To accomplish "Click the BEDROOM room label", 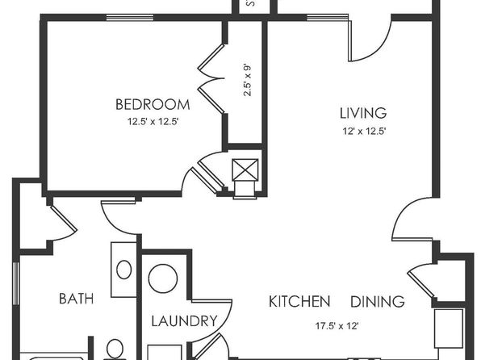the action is pyautogui.click(x=153, y=105).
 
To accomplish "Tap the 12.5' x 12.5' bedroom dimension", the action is pyautogui.click(x=153, y=122).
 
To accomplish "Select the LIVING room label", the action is pyautogui.click(x=363, y=113).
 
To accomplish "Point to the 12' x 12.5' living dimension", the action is pyautogui.click(x=364, y=132).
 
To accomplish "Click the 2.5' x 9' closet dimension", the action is pyautogui.click(x=247, y=80).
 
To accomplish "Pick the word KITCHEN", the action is pyautogui.click(x=299, y=302).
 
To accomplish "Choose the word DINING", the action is pyautogui.click(x=378, y=302).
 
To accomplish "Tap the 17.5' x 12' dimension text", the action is pyautogui.click(x=337, y=325).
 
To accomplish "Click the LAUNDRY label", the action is pyautogui.click(x=184, y=321).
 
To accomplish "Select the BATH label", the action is pyautogui.click(x=77, y=299).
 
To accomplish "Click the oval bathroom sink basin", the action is pyautogui.click(x=124, y=270).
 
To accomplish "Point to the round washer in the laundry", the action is pyautogui.click(x=163, y=278).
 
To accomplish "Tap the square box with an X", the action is pyautogui.click(x=245, y=170).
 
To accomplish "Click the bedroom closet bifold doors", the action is pyautogui.click(x=211, y=78).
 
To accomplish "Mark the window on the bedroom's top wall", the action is pyautogui.click(x=130, y=17).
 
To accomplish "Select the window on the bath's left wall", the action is pyautogui.click(x=16, y=283).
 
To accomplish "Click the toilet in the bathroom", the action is pyautogui.click(x=115, y=350).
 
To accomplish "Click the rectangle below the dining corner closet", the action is pyautogui.click(x=449, y=329).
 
